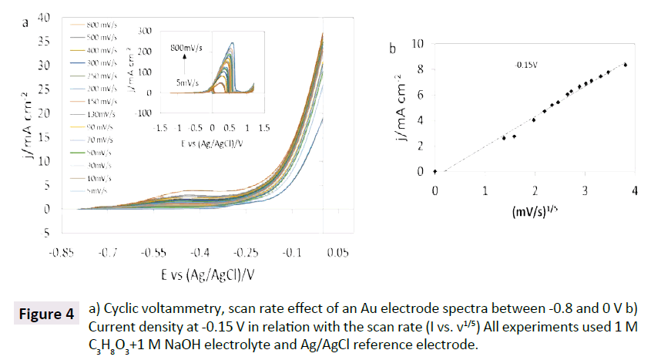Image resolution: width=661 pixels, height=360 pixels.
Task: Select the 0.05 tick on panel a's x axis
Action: click(x=337, y=252)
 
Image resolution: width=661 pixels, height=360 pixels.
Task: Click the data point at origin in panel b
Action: click(x=435, y=172)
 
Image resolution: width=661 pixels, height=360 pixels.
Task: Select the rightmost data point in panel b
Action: click(x=626, y=65)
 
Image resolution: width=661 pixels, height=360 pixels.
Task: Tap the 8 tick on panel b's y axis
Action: click(x=421, y=69)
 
